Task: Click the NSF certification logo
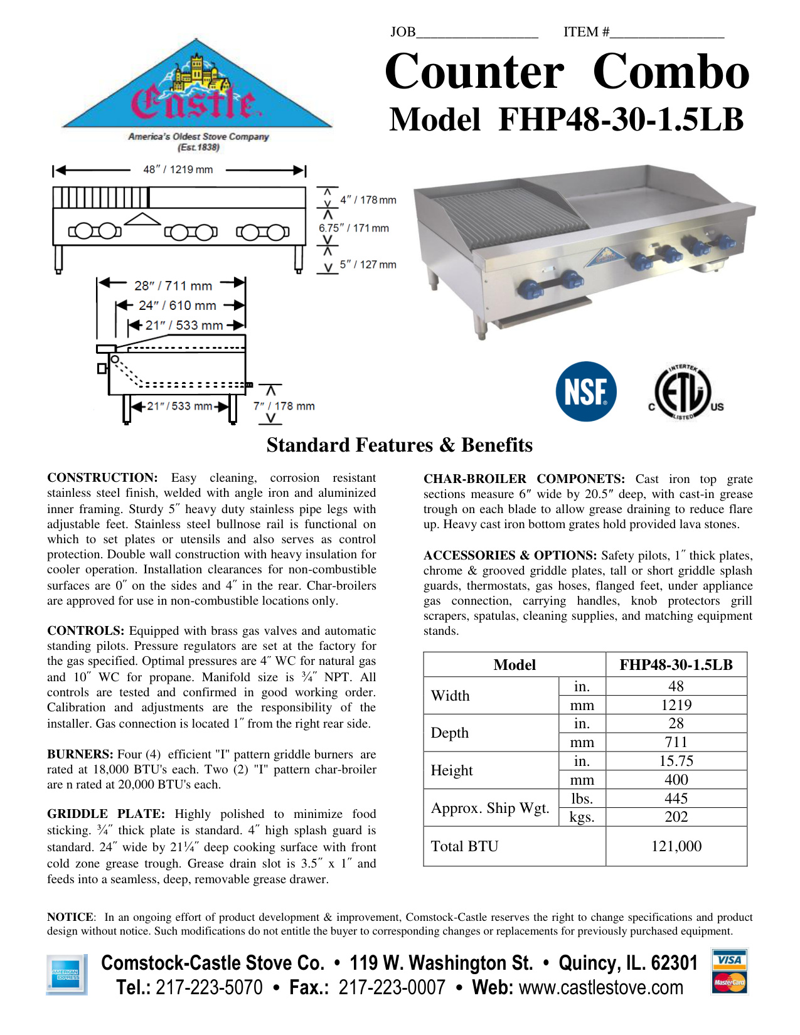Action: [x=586, y=391]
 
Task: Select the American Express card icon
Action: [x=67, y=975]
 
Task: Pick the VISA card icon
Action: [x=729, y=960]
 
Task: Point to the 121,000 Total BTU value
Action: [x=676, y=846]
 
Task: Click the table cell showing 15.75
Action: [x=676, y=761]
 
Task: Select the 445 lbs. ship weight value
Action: [x=676, y=799]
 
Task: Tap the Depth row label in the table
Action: [x=450, y=733]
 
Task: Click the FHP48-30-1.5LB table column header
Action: [x=676, y=665]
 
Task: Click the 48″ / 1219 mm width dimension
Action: [x=178, y=169]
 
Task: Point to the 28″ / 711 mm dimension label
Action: [x=173, y=286]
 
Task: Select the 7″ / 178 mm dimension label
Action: [x=284, y=406]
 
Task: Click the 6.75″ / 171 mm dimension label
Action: [x=354, y=228]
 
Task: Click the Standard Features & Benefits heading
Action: [x=400, y=445]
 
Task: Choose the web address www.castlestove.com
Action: [x=601, y=987]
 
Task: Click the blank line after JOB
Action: [x=477, y=33]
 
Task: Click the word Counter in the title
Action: [x=474, y=72]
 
